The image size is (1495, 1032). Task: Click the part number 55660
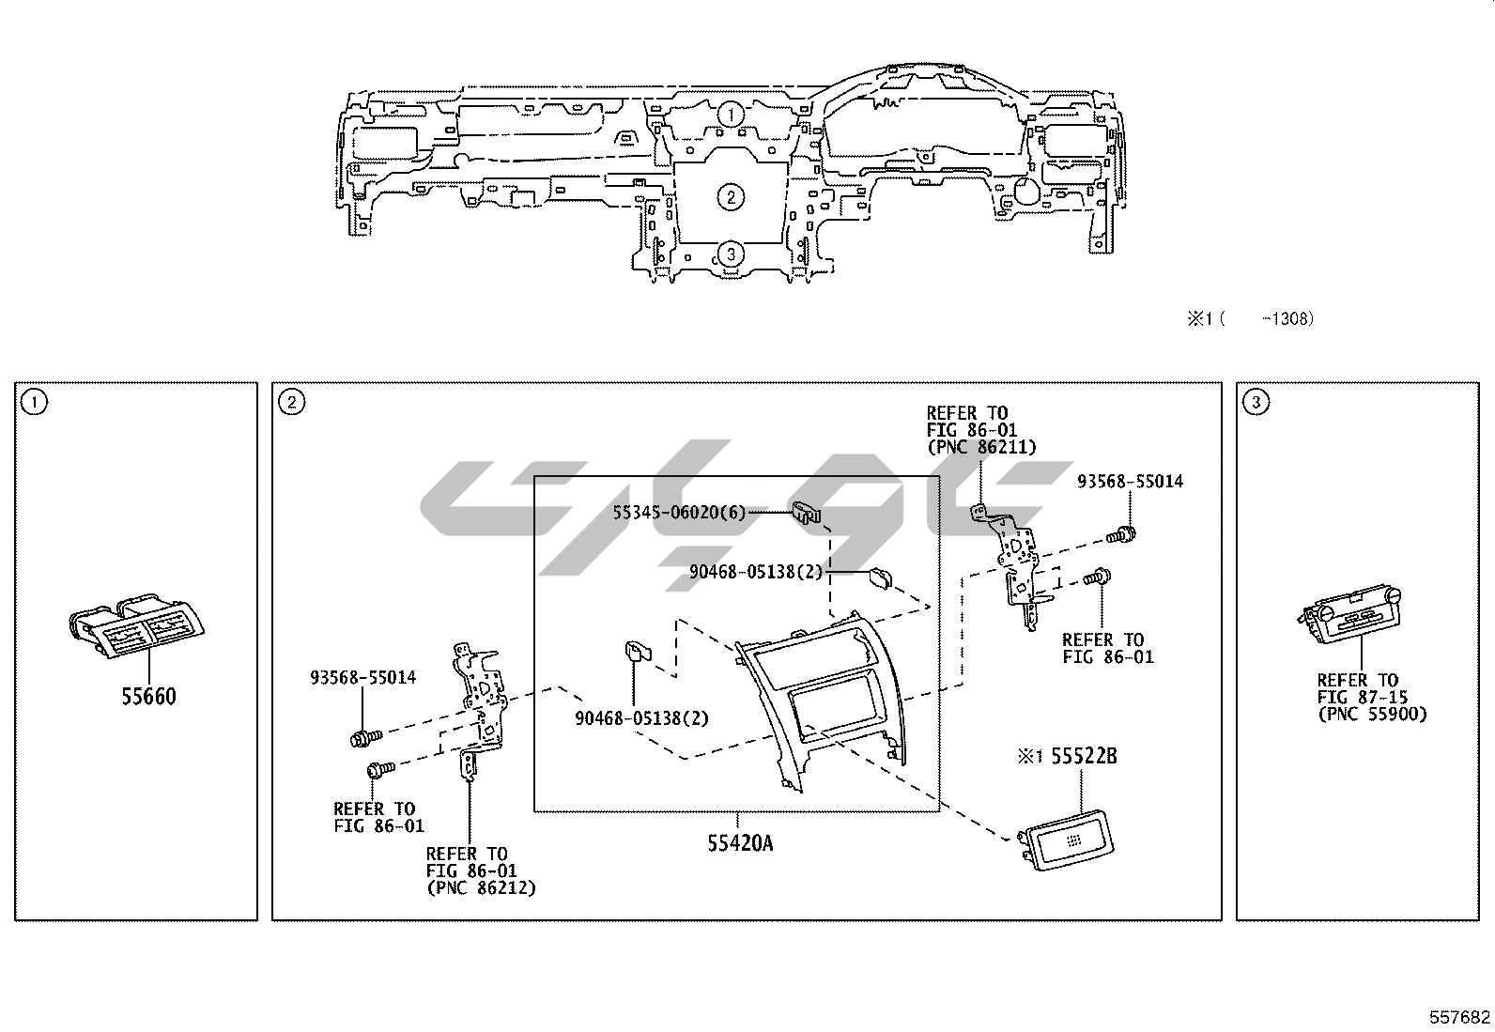point(148,696)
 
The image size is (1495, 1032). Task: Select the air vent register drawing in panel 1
point(137,624)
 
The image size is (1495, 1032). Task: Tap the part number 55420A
point(740,843)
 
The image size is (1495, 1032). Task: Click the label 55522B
point(1084,756)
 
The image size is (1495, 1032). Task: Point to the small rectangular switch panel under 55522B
point(1066,839)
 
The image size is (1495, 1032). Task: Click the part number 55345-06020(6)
point(680,512)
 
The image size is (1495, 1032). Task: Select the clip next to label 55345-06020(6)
point(807,512)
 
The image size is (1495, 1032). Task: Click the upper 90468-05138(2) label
point(756,572)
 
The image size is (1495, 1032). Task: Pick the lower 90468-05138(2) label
point(642,718)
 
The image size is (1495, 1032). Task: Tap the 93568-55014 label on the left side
point(362,677)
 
